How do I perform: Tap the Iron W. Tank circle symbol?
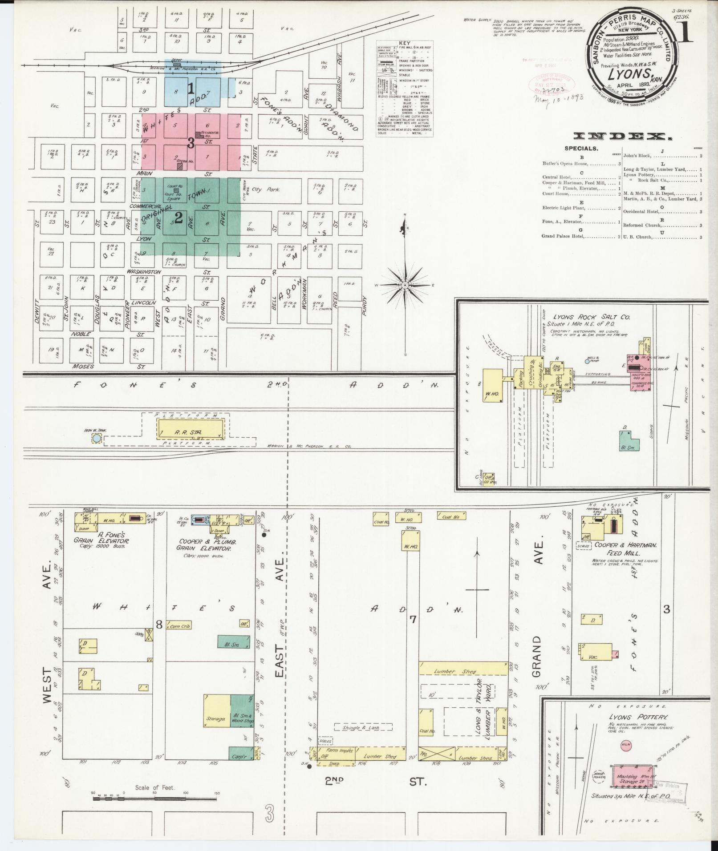coord(96,439)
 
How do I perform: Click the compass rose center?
coord(405,285)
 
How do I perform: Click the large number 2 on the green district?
coord(179,218)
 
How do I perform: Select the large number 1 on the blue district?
coord(191,89)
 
